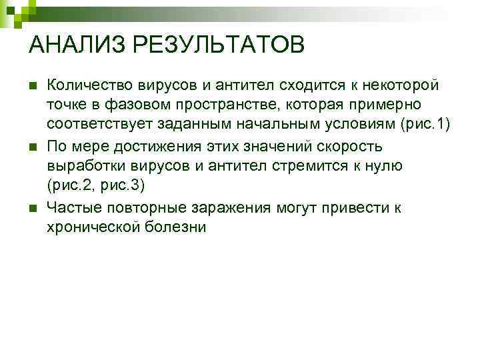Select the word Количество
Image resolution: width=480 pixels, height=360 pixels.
click(90, 85)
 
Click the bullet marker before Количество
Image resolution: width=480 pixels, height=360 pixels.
click(32, 86)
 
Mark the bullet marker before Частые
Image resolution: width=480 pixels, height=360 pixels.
click(32, 208)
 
